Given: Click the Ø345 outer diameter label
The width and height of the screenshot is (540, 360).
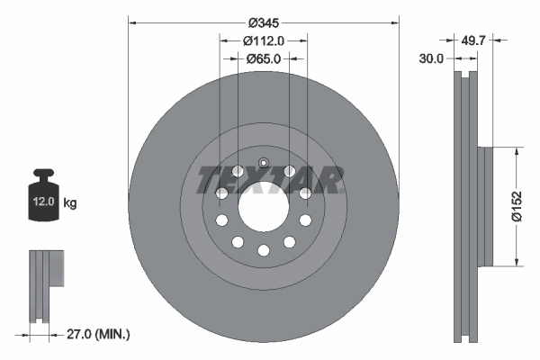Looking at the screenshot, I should pos(263,21).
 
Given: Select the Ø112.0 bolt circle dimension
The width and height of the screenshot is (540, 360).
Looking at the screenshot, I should pos(264,40).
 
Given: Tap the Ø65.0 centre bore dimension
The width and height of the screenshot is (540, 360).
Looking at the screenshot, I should pos(264,58).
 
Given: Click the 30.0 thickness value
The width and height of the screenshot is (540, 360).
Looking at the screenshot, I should pos(432,58).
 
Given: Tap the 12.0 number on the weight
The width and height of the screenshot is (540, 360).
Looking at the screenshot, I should pos(43,202).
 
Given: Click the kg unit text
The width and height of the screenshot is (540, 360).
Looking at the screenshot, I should pos(70,202).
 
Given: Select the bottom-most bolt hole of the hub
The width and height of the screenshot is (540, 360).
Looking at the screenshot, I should pos(263,250).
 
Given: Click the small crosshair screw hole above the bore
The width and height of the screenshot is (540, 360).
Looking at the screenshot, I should pos(263,164).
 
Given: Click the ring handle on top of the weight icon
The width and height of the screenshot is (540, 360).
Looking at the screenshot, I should pos(43,175).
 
